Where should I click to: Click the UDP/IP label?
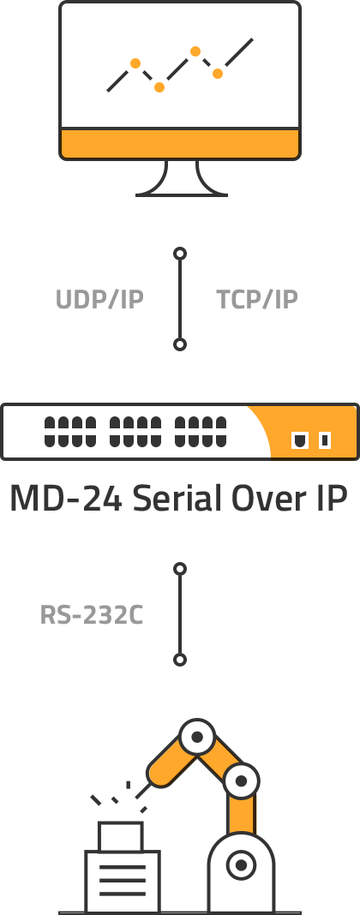coord(99,299)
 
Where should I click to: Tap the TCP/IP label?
coord(257,299)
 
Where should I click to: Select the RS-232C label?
coord(92,615)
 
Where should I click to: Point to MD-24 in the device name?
coord(66,499)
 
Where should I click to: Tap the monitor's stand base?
coord(182,194)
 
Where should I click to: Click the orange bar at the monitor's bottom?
coord(180,144)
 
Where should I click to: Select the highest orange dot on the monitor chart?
coord(195,51)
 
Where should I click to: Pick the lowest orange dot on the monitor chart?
coord(159,87)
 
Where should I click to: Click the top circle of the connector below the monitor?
coord(180,254)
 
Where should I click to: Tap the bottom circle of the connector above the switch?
coord(180,344)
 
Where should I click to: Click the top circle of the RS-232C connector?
coord(180,568)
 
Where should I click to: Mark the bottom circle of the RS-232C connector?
coord(180,660)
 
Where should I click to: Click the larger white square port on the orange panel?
coord(300,440)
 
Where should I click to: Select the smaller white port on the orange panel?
coord(325,440)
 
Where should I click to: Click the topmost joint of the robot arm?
coord(197,737)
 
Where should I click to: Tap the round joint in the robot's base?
coord(241,864)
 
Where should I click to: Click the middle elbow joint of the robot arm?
coord(241,780)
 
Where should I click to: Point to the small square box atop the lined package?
coord(120,837)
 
